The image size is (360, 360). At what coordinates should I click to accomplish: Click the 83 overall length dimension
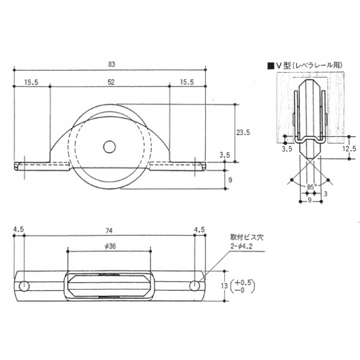click(x=112, y=64)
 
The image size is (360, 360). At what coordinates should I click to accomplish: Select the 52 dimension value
click(x=111, y=82)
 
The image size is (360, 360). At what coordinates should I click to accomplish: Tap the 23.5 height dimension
click(x=243, y=133)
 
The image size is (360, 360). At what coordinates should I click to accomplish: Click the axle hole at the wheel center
click(x=110, y=147)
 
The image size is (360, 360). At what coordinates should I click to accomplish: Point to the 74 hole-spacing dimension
click(x=109, y=231)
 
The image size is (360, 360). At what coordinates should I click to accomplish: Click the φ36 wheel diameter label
click(x=110, y=247)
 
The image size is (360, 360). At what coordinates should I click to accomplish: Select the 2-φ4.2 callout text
click(x=242, y=247)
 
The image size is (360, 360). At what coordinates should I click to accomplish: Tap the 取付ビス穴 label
click(x=247, y=237)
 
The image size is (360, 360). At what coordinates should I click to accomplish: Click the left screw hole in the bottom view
click(x=24, y=286)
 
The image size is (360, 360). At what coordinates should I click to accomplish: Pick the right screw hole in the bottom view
click(x=194, y=286)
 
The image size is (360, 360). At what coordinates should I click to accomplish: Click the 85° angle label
click(x=311, y=187)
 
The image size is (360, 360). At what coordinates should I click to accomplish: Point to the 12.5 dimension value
click(x=349, y=149)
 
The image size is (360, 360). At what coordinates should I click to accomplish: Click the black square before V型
click(x=271, y=66)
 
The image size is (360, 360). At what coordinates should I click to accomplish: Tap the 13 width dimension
click(x=224, y=286)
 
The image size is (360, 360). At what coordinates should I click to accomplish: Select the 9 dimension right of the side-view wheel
click(x=230, y=180)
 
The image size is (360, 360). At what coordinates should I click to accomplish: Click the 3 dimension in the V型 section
click(x=325, y=194)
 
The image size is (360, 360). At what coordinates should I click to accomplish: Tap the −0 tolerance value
click(x=240, y=290)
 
